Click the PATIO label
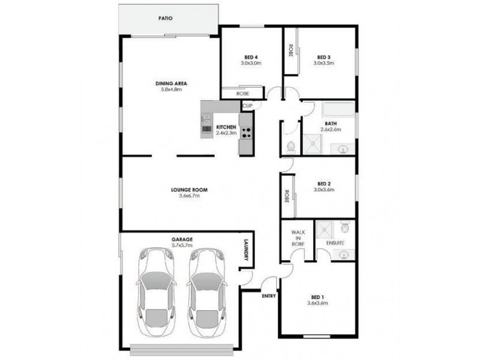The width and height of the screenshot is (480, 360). [166, 19]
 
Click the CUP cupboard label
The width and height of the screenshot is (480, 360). [247, 106]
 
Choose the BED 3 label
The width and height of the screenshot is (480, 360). [323, 57]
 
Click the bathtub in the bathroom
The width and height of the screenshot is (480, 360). [339, 110]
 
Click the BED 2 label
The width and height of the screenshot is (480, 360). [323, 184]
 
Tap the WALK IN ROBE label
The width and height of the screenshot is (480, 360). [299, 237]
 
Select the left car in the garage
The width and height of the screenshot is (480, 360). [155, 294]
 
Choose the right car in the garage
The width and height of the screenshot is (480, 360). [205, 294]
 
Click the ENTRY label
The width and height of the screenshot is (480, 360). [268, 296]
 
